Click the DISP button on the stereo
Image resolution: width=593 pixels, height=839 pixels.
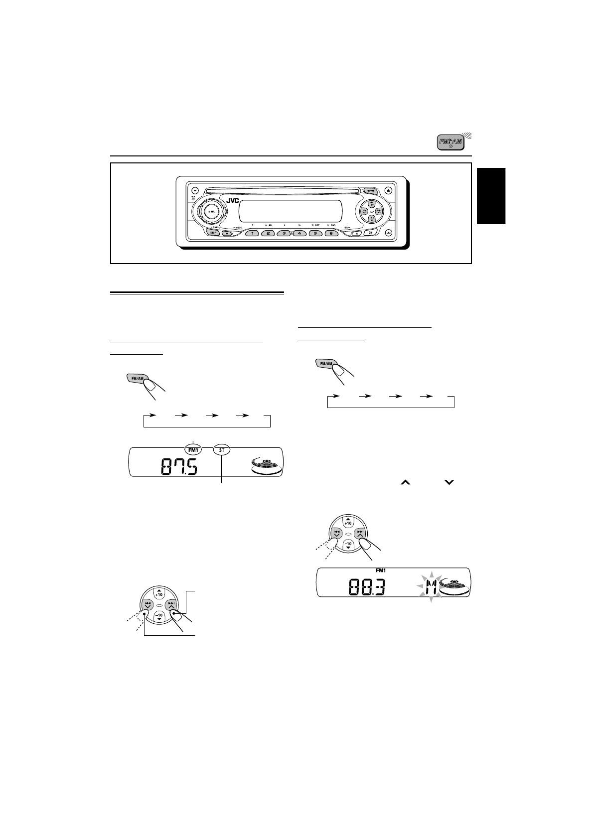pyautogui.click(x=213, y=233)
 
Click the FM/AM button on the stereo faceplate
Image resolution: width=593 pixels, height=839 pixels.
pyautogui.click(x=370, y=190)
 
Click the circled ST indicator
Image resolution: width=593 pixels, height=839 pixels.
pyautogui.click(x=221, y=449)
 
